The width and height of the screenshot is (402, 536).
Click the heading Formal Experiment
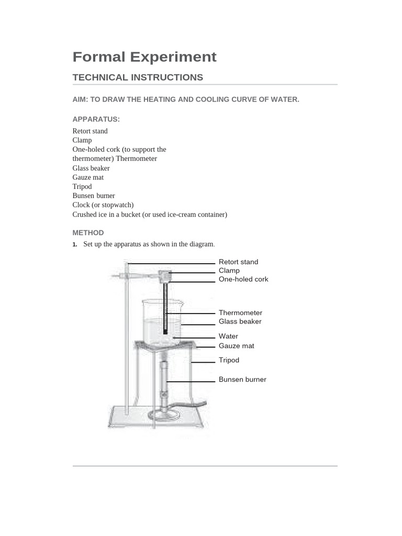pos(144,57)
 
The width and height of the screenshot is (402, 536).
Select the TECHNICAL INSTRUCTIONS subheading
pos(138,77)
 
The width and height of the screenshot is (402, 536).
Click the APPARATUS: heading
pos(96,119)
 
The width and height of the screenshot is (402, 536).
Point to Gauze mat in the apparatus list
pos(88,177)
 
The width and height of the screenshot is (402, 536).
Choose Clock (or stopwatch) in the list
pos(103,205)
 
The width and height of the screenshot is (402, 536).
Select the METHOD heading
pos(88,233)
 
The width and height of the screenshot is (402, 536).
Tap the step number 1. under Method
pos(75,244)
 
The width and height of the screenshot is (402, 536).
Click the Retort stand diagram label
pos(238,262)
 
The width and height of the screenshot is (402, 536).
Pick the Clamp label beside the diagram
pos(229,271)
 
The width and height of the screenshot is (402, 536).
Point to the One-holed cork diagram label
pos(243,280)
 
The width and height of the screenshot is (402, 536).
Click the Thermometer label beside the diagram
pos(240,313)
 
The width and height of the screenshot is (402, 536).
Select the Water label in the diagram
pos(228,336)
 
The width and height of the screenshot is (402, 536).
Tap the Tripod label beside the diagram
pos(229,360)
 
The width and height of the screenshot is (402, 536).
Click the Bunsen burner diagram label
pos(242,379)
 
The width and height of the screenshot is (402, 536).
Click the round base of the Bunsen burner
pos(164,416)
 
